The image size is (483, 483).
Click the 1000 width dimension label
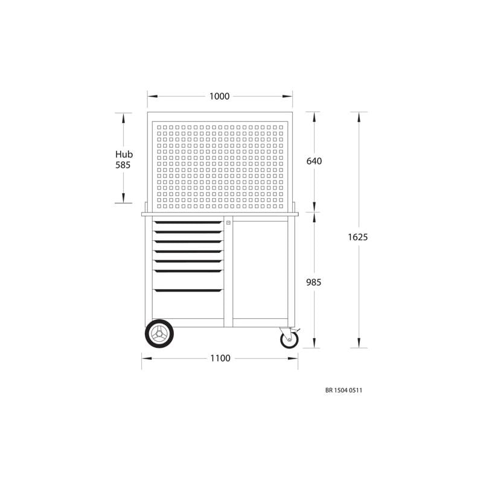[x=219, y=97]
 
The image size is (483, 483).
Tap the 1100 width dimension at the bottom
[x=220, y=359]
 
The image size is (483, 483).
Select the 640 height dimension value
[x=314, y=161]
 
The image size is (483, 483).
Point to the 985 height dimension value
[x=314, y=282]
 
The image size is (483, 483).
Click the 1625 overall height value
[x=357, y=237]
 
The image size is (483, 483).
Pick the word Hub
[x=124, y=155]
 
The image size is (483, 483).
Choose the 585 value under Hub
[x=123, y=165]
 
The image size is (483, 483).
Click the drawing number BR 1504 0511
[x=344, y=391]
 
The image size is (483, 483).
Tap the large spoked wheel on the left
[x=159, y=334]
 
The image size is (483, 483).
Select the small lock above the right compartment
[x=228, y=223]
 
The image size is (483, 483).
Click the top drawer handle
[x=188, y=222]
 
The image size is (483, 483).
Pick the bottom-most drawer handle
[x=188, y=290]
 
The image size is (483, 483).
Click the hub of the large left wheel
[x=159, y=334]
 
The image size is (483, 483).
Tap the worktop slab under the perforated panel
[x=220, y=214]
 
